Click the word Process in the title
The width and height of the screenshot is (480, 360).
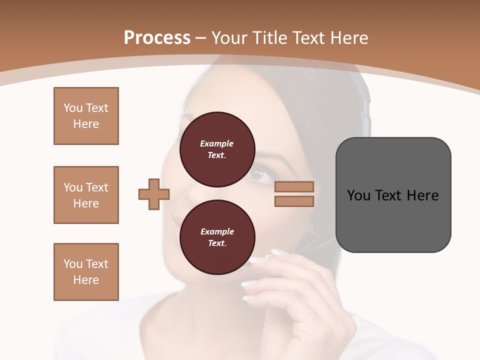coord(157,38)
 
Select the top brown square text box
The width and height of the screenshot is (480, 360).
coord(86,116)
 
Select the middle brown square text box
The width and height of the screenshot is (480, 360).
coord(86,195)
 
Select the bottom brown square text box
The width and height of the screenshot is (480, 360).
coord(86,272)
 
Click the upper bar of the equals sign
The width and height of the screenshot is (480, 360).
coord(294,186)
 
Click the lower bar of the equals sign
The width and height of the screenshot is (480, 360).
coord(294,201)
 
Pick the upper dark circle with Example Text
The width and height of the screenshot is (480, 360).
coord(217,149)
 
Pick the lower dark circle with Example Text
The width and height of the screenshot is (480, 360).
coord(217,237)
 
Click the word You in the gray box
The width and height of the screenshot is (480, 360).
coord(358,195)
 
